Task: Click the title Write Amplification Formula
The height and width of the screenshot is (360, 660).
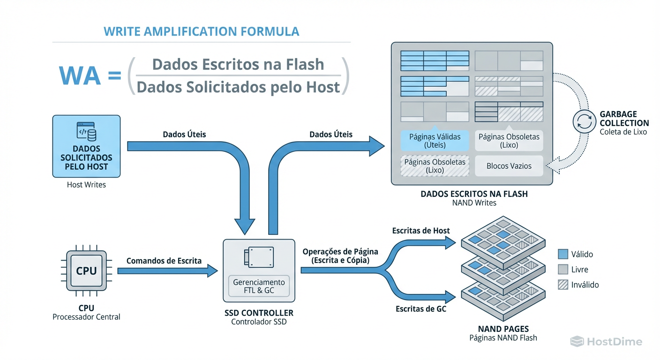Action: click(x=201, y=31)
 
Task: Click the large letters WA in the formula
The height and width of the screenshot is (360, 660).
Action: click(x=80, y=75)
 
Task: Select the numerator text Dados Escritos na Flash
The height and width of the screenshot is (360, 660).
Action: click(x=238, y=64)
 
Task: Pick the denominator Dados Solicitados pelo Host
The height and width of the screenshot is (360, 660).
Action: click(x=238, y=87)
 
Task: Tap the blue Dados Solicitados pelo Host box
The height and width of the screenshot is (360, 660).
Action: click(x=86, y=146)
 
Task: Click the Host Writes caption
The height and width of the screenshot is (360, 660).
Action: click(x=86, y=185)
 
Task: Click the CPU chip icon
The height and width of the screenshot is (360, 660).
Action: click(x=86, y=271)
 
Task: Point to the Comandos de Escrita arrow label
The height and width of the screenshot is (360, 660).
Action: click(x=164, y=261)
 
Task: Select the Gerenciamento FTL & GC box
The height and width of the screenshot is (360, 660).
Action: click(x=259, y=286)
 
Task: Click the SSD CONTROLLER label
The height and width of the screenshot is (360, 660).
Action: click(x=259, y=313)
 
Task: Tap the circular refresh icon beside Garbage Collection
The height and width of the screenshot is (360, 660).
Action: click(x=585, y=122)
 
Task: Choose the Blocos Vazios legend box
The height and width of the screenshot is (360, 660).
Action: click(x=509, y=166)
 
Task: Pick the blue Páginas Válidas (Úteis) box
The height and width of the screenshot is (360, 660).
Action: click(x=435, y=141)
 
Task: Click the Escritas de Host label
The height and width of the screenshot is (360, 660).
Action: click(x=421, y=231)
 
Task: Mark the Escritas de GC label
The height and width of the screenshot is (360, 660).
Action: click(x=421, y=308)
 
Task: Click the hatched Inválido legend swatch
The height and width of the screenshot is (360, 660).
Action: click(x=563, y=285)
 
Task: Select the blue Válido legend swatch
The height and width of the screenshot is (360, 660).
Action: click(x=563, y=254)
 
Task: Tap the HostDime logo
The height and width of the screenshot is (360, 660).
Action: click(x=606, y=342)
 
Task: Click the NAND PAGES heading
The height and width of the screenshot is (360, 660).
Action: click(x=503, y=329)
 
